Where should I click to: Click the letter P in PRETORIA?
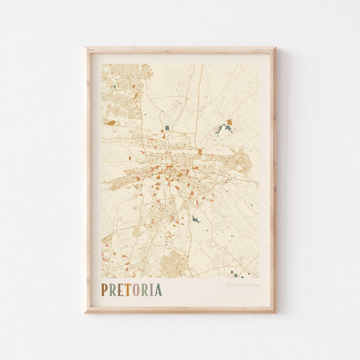coord(104,290)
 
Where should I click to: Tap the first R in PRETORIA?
coord(112,290)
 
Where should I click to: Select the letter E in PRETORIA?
coord(120,290)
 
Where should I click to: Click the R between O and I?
coord(144,290)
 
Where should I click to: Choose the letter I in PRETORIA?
coord(151,290)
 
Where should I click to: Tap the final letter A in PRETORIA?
coord(158,290)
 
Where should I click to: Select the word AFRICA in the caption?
coord(251,285)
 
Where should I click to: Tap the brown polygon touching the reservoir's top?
coord(229,122)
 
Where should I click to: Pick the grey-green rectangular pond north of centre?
coord(167,128)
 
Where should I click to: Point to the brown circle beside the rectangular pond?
coord(164,136)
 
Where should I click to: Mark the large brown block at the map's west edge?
coord(111,123)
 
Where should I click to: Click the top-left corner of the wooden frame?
coord(85,48)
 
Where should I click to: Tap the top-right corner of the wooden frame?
coord(275,48)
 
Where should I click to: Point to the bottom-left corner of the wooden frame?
coord(85,312)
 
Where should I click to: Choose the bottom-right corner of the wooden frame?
coord(275,312)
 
